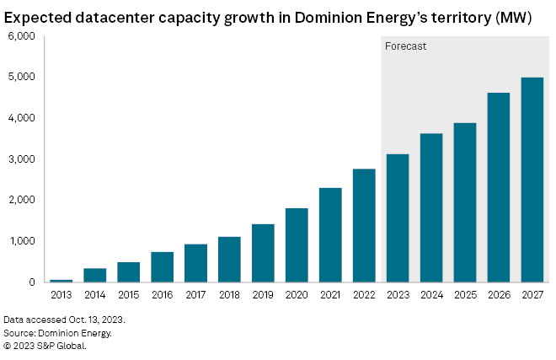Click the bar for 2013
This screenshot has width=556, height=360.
tap(61, 280)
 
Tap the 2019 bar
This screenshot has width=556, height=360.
tap(263, 253)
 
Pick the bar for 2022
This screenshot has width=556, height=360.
tap(364, 225)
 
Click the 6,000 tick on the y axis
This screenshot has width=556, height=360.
tap(19, 36)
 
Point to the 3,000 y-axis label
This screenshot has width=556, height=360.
tap(19, 159)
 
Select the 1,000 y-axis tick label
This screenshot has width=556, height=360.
tap(19, 241)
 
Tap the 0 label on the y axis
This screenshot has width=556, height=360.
tap(29, 282)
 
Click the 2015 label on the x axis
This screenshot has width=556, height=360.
tap(129, 295)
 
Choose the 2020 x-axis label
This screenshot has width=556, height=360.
tap(297, 295)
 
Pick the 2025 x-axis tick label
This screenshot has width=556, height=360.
tap(465, 295)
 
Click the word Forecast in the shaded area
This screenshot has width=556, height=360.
tap(406, 46)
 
